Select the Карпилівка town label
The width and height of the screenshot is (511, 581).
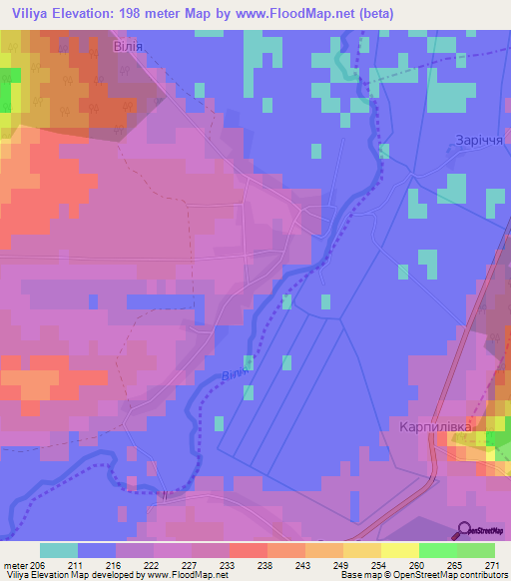click(429, 425)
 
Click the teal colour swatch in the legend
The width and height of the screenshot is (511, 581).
click(59, 550)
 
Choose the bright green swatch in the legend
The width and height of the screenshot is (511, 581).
click(437, 550)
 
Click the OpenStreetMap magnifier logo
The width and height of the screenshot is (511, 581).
click(465, 530)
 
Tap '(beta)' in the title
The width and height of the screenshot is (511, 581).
click(376, 14)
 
